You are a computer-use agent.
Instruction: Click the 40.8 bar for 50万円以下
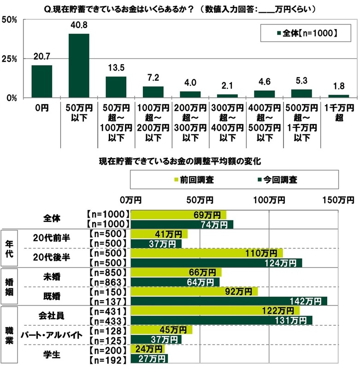coord(79,65)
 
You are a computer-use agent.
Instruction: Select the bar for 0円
coord(41,81)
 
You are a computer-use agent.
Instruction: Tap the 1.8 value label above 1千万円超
coord(338,85)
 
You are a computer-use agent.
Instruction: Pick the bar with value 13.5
coord(116,87)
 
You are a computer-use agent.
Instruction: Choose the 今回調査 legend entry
coord(276,179)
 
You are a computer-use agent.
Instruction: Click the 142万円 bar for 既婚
coord(229,301)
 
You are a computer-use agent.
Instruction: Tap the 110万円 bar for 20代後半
coord(207,253)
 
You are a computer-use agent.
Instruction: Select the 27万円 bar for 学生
coord(150,358)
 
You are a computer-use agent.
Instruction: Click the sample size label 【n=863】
coord(106,282)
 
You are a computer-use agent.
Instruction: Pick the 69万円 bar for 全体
coord(179,214)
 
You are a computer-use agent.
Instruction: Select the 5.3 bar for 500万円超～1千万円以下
coord(301,93)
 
